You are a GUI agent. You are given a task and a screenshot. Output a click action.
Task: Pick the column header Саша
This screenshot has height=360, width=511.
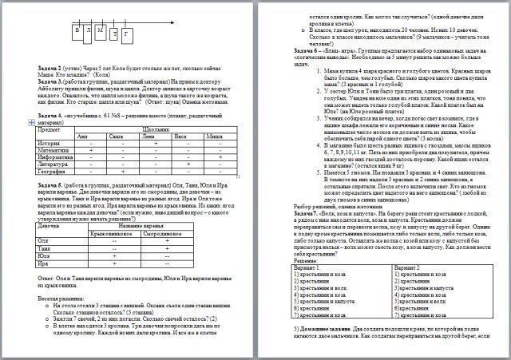116,137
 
